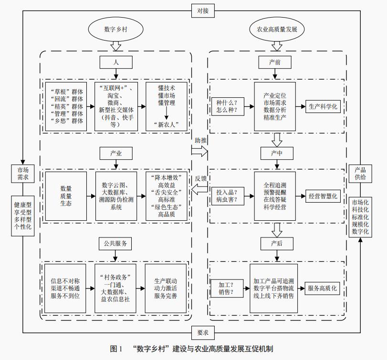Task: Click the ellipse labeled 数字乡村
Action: click(x=115, y=29)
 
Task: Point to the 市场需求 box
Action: click(x=22, y=174)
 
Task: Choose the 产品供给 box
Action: click(x=360, y=174)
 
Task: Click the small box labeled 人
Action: click(x=115, y=62)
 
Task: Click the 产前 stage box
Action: click(x=275, y=62)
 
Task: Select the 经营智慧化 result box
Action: click(x=323, y=196)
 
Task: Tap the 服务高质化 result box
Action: click(x=323, y=288)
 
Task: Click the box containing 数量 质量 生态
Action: click(x=66, y=196)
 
